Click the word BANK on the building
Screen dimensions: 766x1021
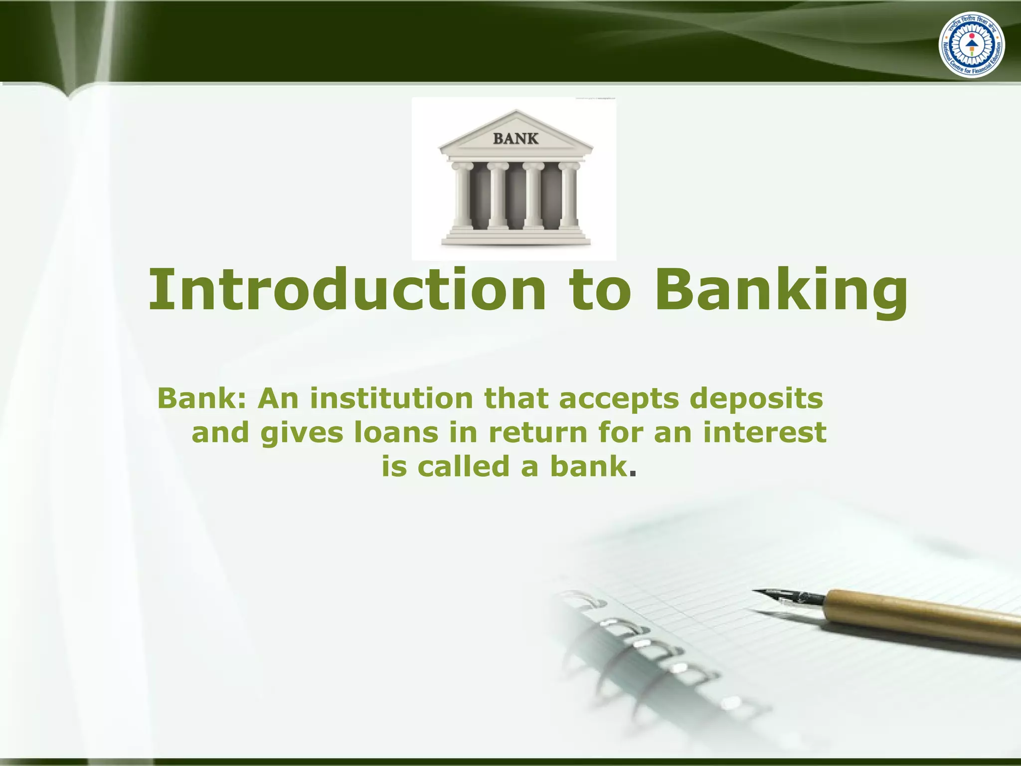(515, 139)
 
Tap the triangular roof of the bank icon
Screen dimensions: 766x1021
(515, 132)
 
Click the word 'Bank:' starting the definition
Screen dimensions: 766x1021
(202, 398)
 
